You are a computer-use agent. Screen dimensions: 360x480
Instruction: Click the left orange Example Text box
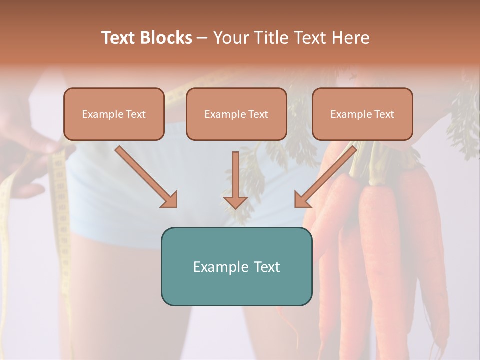point(114,114)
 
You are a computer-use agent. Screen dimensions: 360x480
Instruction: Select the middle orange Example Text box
point(236,114)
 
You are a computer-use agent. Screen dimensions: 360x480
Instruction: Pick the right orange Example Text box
point(362,114)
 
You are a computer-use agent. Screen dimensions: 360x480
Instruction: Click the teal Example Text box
point(236,266)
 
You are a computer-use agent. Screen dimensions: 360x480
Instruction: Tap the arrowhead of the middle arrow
point(236,202)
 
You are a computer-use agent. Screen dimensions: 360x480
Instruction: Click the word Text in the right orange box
point(384,114)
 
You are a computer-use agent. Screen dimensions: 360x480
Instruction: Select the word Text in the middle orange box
point(258,114)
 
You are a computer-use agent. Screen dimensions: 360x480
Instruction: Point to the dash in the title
point(202,38)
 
